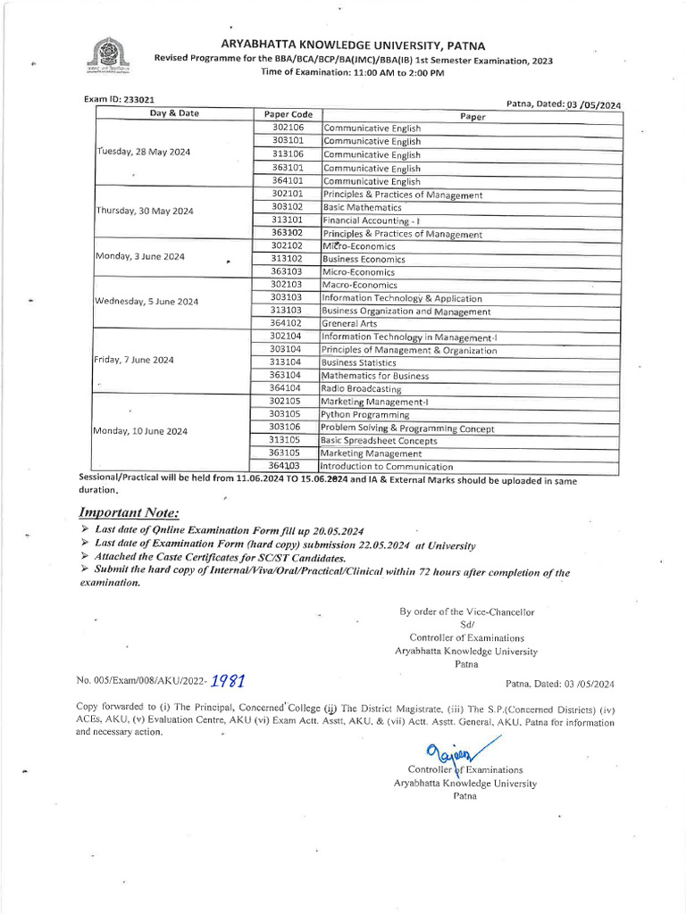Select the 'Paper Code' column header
[x=289, y=114]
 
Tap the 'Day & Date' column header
[x=174, y=113]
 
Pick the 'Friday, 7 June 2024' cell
[x=134, y=361]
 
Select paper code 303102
[x=287, y=206]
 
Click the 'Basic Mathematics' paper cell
[x=362, y=207]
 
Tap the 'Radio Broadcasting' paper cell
[x=362, y=389]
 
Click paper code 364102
[x=287, y=323]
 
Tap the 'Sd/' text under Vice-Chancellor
[x=465, y=625]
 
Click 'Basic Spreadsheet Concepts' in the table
[x=379, y=441]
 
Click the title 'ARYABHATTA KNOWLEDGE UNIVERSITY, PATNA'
[x=354, y=45]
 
